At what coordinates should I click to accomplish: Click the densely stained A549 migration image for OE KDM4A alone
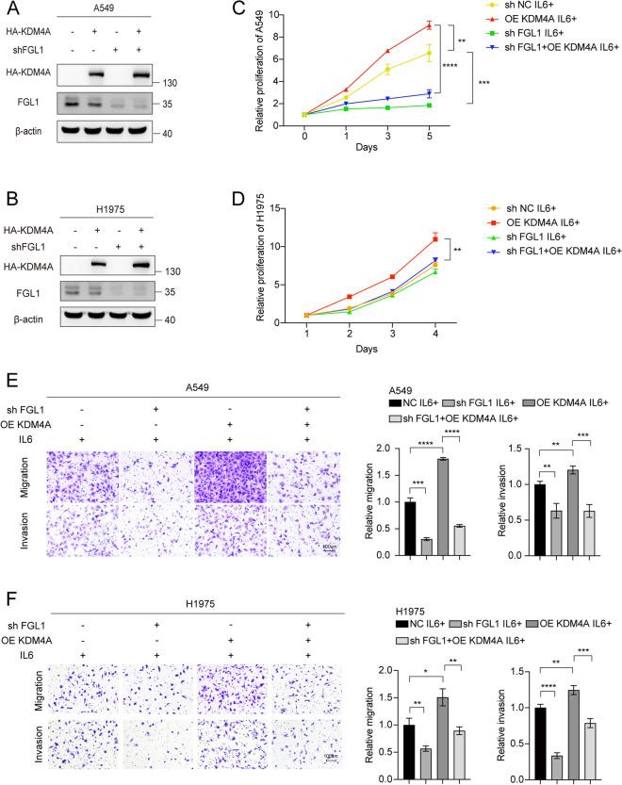coord(226,477)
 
